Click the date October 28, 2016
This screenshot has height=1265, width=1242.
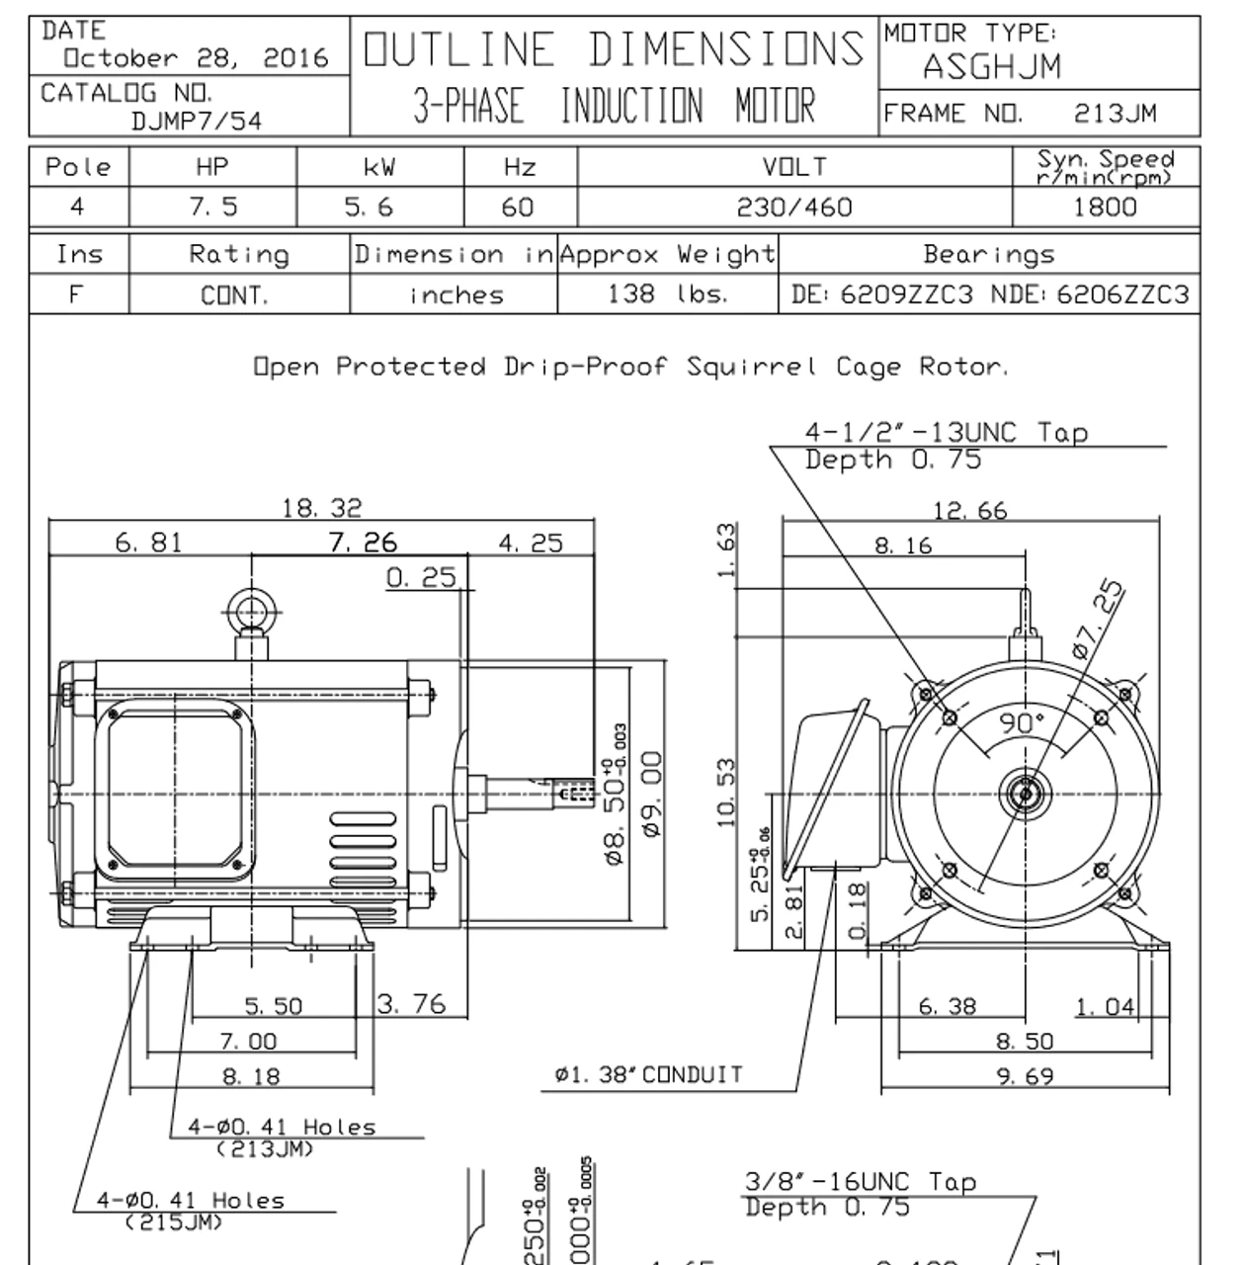coord(196,58)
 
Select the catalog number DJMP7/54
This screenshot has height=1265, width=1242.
coord(197,122)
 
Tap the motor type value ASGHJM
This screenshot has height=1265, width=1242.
coord(991,67)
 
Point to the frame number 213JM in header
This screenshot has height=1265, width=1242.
coord(1115,114)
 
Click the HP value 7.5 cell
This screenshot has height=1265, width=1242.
coord(212,207)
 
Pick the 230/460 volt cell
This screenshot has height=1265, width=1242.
coord(794,207)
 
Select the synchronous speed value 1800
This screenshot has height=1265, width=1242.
coord(1105,207)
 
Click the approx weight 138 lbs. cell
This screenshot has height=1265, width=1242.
coord(667,295)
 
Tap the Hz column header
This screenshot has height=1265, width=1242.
coord(519,167)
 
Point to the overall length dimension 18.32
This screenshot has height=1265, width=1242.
coord(322,508)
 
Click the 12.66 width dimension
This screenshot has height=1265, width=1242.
coord(970,511)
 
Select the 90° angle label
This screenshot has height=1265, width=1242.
coord(1021,723)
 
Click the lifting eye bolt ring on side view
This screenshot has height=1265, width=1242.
coord(251,610)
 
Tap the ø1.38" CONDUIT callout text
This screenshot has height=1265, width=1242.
coord(648,1075)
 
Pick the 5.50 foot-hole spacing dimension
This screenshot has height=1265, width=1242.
coord(274,1006)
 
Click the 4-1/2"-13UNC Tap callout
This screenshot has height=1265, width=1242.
coord(946,433)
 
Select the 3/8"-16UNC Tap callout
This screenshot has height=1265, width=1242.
coord(859,1182)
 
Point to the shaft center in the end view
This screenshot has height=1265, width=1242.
coord(1025,794)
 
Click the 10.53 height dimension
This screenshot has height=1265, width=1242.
coord(726,793)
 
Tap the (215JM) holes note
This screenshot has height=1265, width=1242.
coord(174,1223)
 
